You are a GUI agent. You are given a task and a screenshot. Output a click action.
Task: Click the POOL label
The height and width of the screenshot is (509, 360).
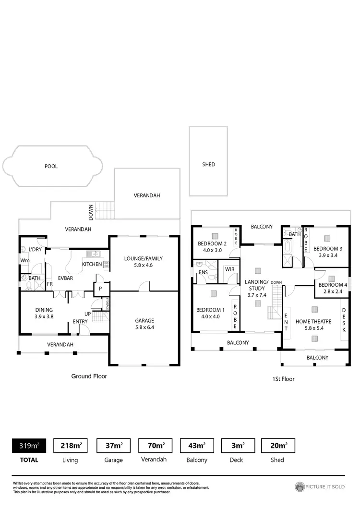coord(51,166)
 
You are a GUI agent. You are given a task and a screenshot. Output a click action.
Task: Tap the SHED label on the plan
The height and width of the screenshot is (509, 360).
coord(208,164)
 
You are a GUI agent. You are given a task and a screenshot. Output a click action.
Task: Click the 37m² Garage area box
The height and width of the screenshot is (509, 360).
coord(113,446)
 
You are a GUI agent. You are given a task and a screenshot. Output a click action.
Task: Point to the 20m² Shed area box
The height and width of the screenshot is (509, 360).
coord(278,446)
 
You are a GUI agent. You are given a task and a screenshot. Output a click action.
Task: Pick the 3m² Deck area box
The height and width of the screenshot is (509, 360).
coord(237,446)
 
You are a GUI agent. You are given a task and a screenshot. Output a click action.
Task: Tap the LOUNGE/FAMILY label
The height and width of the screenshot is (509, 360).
coord(144,258)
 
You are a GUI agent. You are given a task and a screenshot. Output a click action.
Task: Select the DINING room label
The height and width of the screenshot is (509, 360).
coord(44,310)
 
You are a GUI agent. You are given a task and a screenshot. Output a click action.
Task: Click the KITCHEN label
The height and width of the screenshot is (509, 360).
coord(92,265)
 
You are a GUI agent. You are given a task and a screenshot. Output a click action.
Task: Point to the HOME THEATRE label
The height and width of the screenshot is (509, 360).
coord(313,321)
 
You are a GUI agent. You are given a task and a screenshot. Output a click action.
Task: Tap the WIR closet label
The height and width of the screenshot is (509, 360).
coord(229,269)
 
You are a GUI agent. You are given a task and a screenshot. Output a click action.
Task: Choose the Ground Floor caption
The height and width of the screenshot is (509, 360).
coord(89,376)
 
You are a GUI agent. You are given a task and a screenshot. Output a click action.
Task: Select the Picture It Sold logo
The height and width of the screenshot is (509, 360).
coord(320,487)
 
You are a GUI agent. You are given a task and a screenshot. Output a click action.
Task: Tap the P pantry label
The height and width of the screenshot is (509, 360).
coord(101,289)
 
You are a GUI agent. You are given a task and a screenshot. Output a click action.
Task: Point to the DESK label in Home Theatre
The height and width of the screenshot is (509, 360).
coord(344,320)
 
